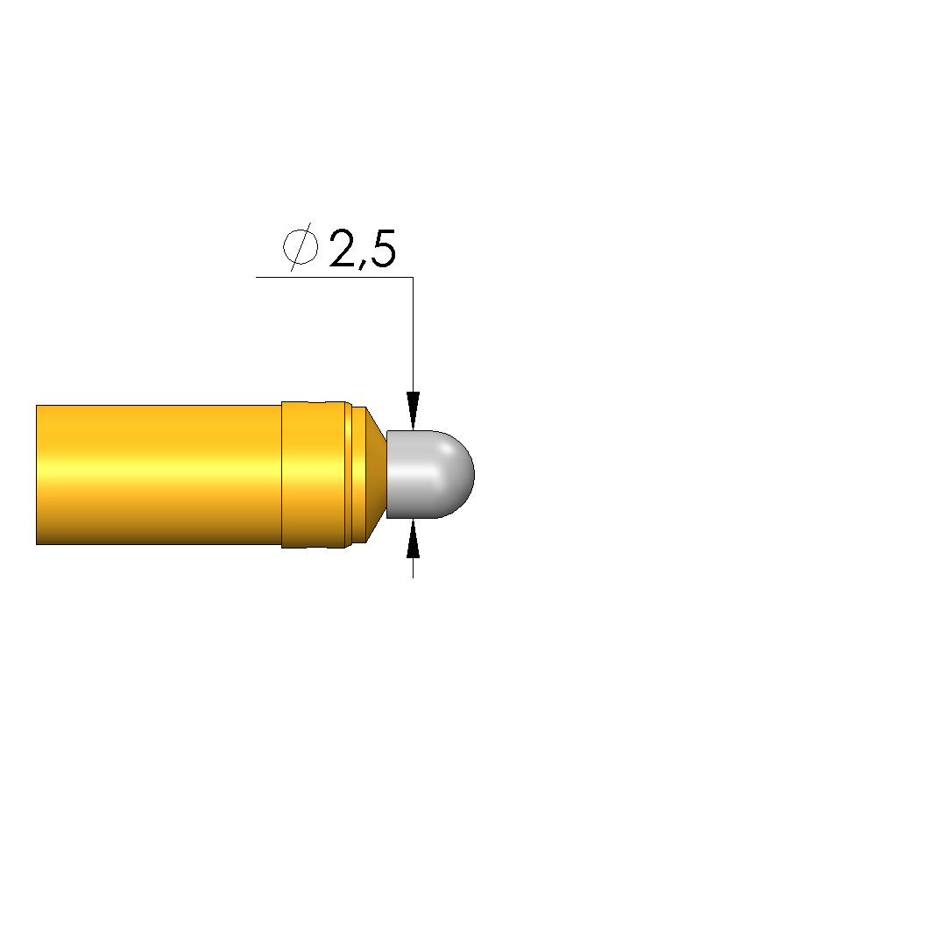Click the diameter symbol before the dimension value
point(301,247)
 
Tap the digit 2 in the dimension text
point(344,248)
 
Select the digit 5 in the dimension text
point(382,249)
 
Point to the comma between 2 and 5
point(362,266)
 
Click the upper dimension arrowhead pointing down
point(414,411)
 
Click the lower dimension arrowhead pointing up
point(414,538)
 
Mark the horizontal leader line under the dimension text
point(335,277)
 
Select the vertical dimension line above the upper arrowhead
point(414,335)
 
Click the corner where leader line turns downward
point(414,277)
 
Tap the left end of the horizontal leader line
point(257,277)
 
